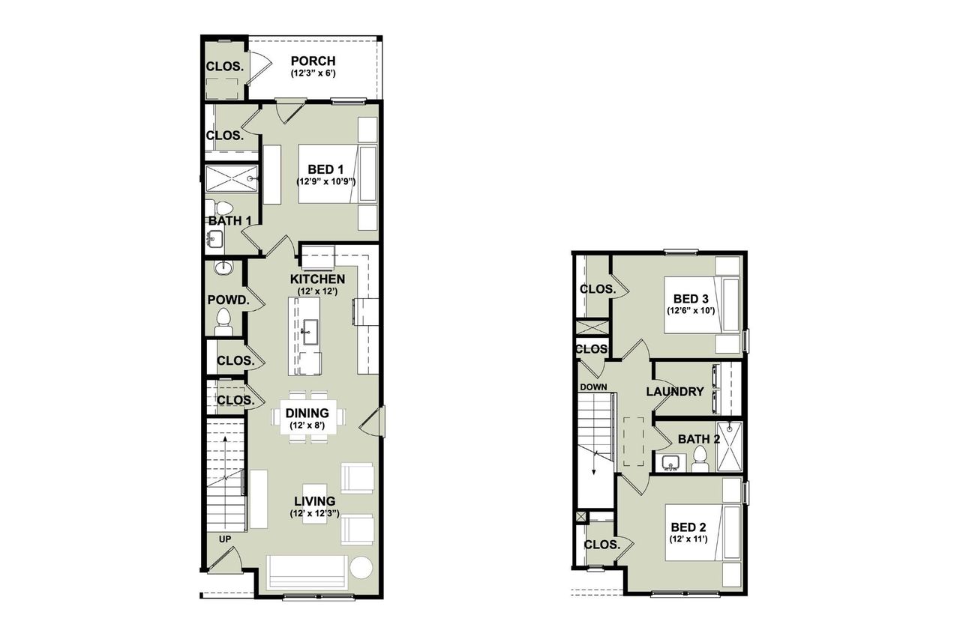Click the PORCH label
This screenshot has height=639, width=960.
coord(313,61)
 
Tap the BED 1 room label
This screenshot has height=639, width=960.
coord(325,169)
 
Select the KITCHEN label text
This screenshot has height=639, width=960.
coord(317,279)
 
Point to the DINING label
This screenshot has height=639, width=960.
coord(307,413)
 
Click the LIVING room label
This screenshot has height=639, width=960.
coord(314,500)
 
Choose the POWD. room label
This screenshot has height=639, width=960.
coord(228,300)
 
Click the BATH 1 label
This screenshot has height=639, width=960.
coord(229,221)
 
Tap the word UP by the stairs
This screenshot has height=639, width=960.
coord(225,539)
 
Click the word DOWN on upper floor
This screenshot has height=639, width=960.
coord(592,387)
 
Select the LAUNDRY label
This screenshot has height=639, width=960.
coord(675,391)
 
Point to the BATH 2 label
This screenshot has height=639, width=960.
coord(698,439)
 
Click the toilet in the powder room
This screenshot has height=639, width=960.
coord(223,324)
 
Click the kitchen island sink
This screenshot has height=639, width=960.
coord(307,330)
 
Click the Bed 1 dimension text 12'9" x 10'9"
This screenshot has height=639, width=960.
coord(325,181)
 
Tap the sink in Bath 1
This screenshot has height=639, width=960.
coord(213,240)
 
